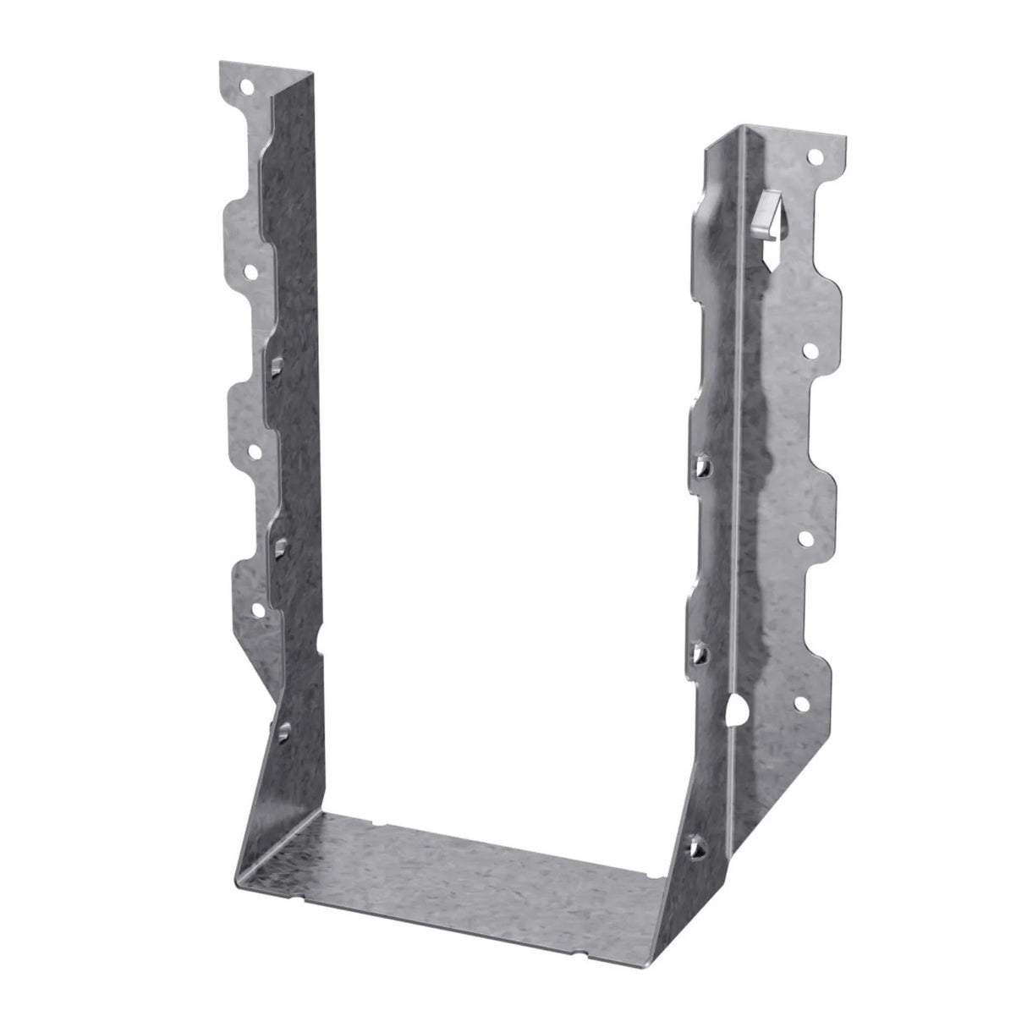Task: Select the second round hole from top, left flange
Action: (x=251, y=272)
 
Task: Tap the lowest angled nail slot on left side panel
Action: (x=282, y=728)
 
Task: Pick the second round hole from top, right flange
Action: (x=809, y=349)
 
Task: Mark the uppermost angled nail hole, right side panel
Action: (x=701, y=465)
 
